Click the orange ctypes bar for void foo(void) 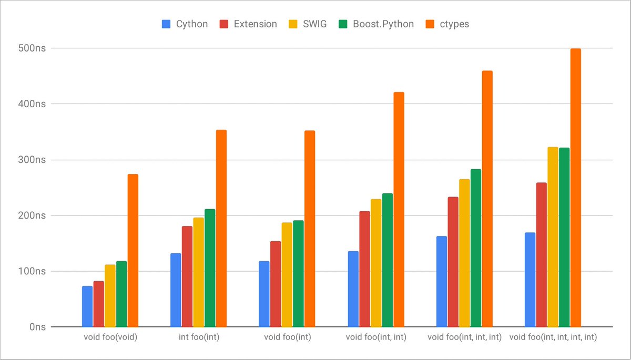[133, 251]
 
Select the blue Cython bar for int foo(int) [176, 290]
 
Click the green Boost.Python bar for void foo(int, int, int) [476, 248]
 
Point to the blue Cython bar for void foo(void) [87, 306]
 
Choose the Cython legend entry [185, 24]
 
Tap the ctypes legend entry [454, 24]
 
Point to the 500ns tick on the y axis [32, 48]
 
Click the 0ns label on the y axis [38, 327]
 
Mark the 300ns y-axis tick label [32, 160]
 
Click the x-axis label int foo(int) [198, 337]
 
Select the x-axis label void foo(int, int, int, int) [553, 337]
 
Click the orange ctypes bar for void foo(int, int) [399, 210]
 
